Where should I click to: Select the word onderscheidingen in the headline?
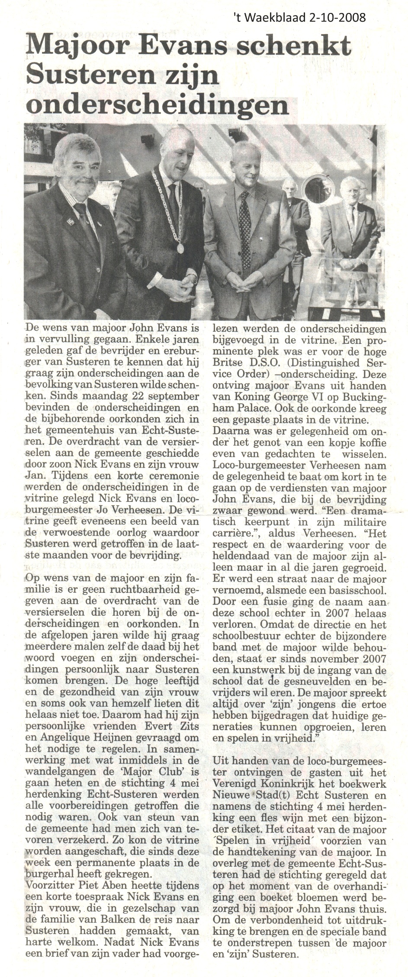157,103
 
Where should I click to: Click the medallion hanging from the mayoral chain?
180,249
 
